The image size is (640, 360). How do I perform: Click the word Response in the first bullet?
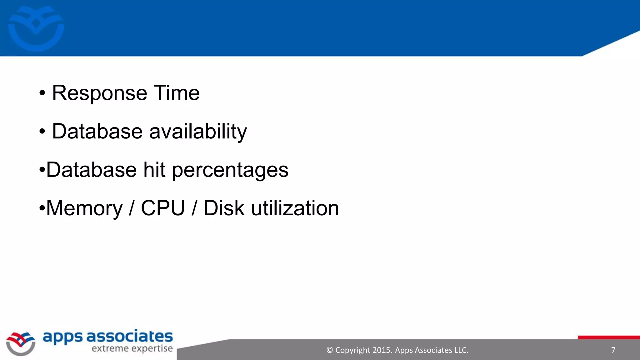point(99,93)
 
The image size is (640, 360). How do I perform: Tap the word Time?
point(177,93)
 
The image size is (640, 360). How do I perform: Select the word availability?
point(198,132)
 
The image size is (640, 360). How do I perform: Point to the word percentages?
point(230,170)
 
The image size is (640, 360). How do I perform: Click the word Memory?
point(84,208)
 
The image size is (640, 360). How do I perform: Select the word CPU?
point(163,208)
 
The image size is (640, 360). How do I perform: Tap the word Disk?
point(224,208)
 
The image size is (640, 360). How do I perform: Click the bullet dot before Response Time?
point(42,93)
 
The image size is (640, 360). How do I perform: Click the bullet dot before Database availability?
point(42,132)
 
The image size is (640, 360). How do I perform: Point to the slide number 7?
point(613,350)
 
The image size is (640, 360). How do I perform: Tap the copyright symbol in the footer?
point(329,350)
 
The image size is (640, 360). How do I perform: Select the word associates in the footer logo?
point(129,337)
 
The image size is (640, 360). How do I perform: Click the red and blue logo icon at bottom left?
point(21,343)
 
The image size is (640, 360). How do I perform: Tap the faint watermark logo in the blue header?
point(36,28)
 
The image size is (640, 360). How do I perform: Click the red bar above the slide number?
point(609,337)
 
